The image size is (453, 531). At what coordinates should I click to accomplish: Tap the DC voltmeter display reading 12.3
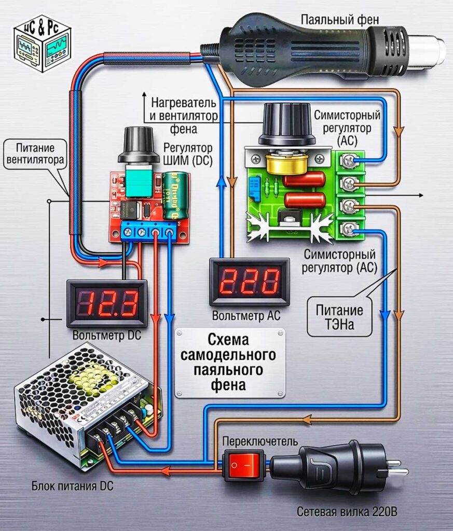(107, 303)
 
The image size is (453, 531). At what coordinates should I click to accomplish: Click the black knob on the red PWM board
(139, 146)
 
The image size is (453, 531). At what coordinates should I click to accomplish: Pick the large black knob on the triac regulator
(287, 123)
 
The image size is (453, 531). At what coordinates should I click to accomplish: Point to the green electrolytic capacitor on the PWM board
(175, 195)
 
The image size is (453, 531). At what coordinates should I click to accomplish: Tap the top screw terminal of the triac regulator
(348, 161)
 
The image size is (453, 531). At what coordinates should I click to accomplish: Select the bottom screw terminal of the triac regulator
(348, 229)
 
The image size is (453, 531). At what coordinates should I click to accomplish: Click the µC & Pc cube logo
(42, 43)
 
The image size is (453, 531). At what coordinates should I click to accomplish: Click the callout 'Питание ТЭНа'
(339, 317)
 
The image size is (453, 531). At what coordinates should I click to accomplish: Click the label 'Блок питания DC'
(73, 486)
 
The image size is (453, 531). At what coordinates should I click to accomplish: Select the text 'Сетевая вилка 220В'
(347, 511)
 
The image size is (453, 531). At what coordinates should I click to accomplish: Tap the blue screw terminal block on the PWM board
(149, 231)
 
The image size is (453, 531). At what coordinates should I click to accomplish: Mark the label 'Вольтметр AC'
(246, 316)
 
